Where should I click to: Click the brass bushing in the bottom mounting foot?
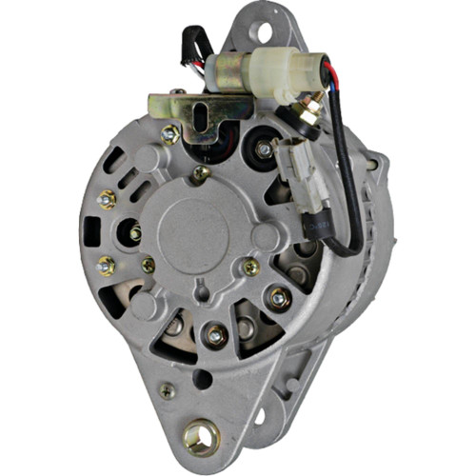[201, 436]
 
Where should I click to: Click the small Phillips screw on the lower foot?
[168, 390]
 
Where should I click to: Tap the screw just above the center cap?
[199, 173]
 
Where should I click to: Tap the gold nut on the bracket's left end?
[170, 133]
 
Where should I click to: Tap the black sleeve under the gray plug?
[313, 226]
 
